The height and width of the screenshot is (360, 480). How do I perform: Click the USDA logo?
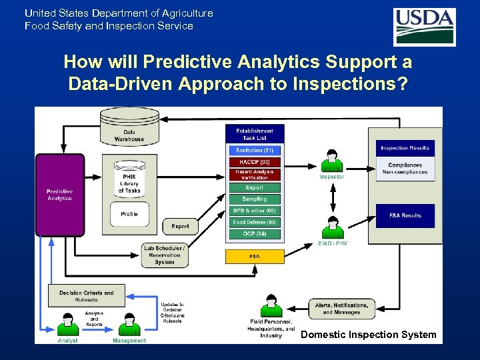pyautogui.click(x=424, y=27)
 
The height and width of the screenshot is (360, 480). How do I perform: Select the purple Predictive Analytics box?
pyautogui.click(x=60, y=195)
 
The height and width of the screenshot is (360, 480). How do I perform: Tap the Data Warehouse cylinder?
pyautogui.click(x=129, y=127)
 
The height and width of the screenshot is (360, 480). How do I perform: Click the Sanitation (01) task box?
pyautogui.click(x=255, y=151)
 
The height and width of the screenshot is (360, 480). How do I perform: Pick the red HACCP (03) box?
pyautogui.click(x=255, y=162)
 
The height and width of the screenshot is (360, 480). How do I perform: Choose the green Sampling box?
pyautogui.click(x=255, y=199)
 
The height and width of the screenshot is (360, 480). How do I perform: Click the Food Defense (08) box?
pyautogui.click(x=255, y=222)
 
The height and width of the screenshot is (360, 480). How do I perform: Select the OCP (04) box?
pyautogui.click(x=255, y=234)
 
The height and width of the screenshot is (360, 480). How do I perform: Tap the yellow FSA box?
pyautogui.click(x=255, y=256)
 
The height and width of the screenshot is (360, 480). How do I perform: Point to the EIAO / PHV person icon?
pyautogui.click(x=331, y=227)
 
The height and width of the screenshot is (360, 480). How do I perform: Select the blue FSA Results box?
pyautogui.click(x=405, y=215)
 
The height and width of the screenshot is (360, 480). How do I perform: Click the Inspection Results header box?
pyautogui.click(x=405, y=148)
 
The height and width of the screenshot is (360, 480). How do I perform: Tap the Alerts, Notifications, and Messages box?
pyautogui.click(x=341, y=309)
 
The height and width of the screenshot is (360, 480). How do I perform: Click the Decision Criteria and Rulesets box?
pyautogui.click(x=87, y=296)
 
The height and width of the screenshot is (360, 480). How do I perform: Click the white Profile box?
pyautogui.click(x=129, y=214)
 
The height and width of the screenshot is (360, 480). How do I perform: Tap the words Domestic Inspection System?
pyautogui.click(x=368, y=335)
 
